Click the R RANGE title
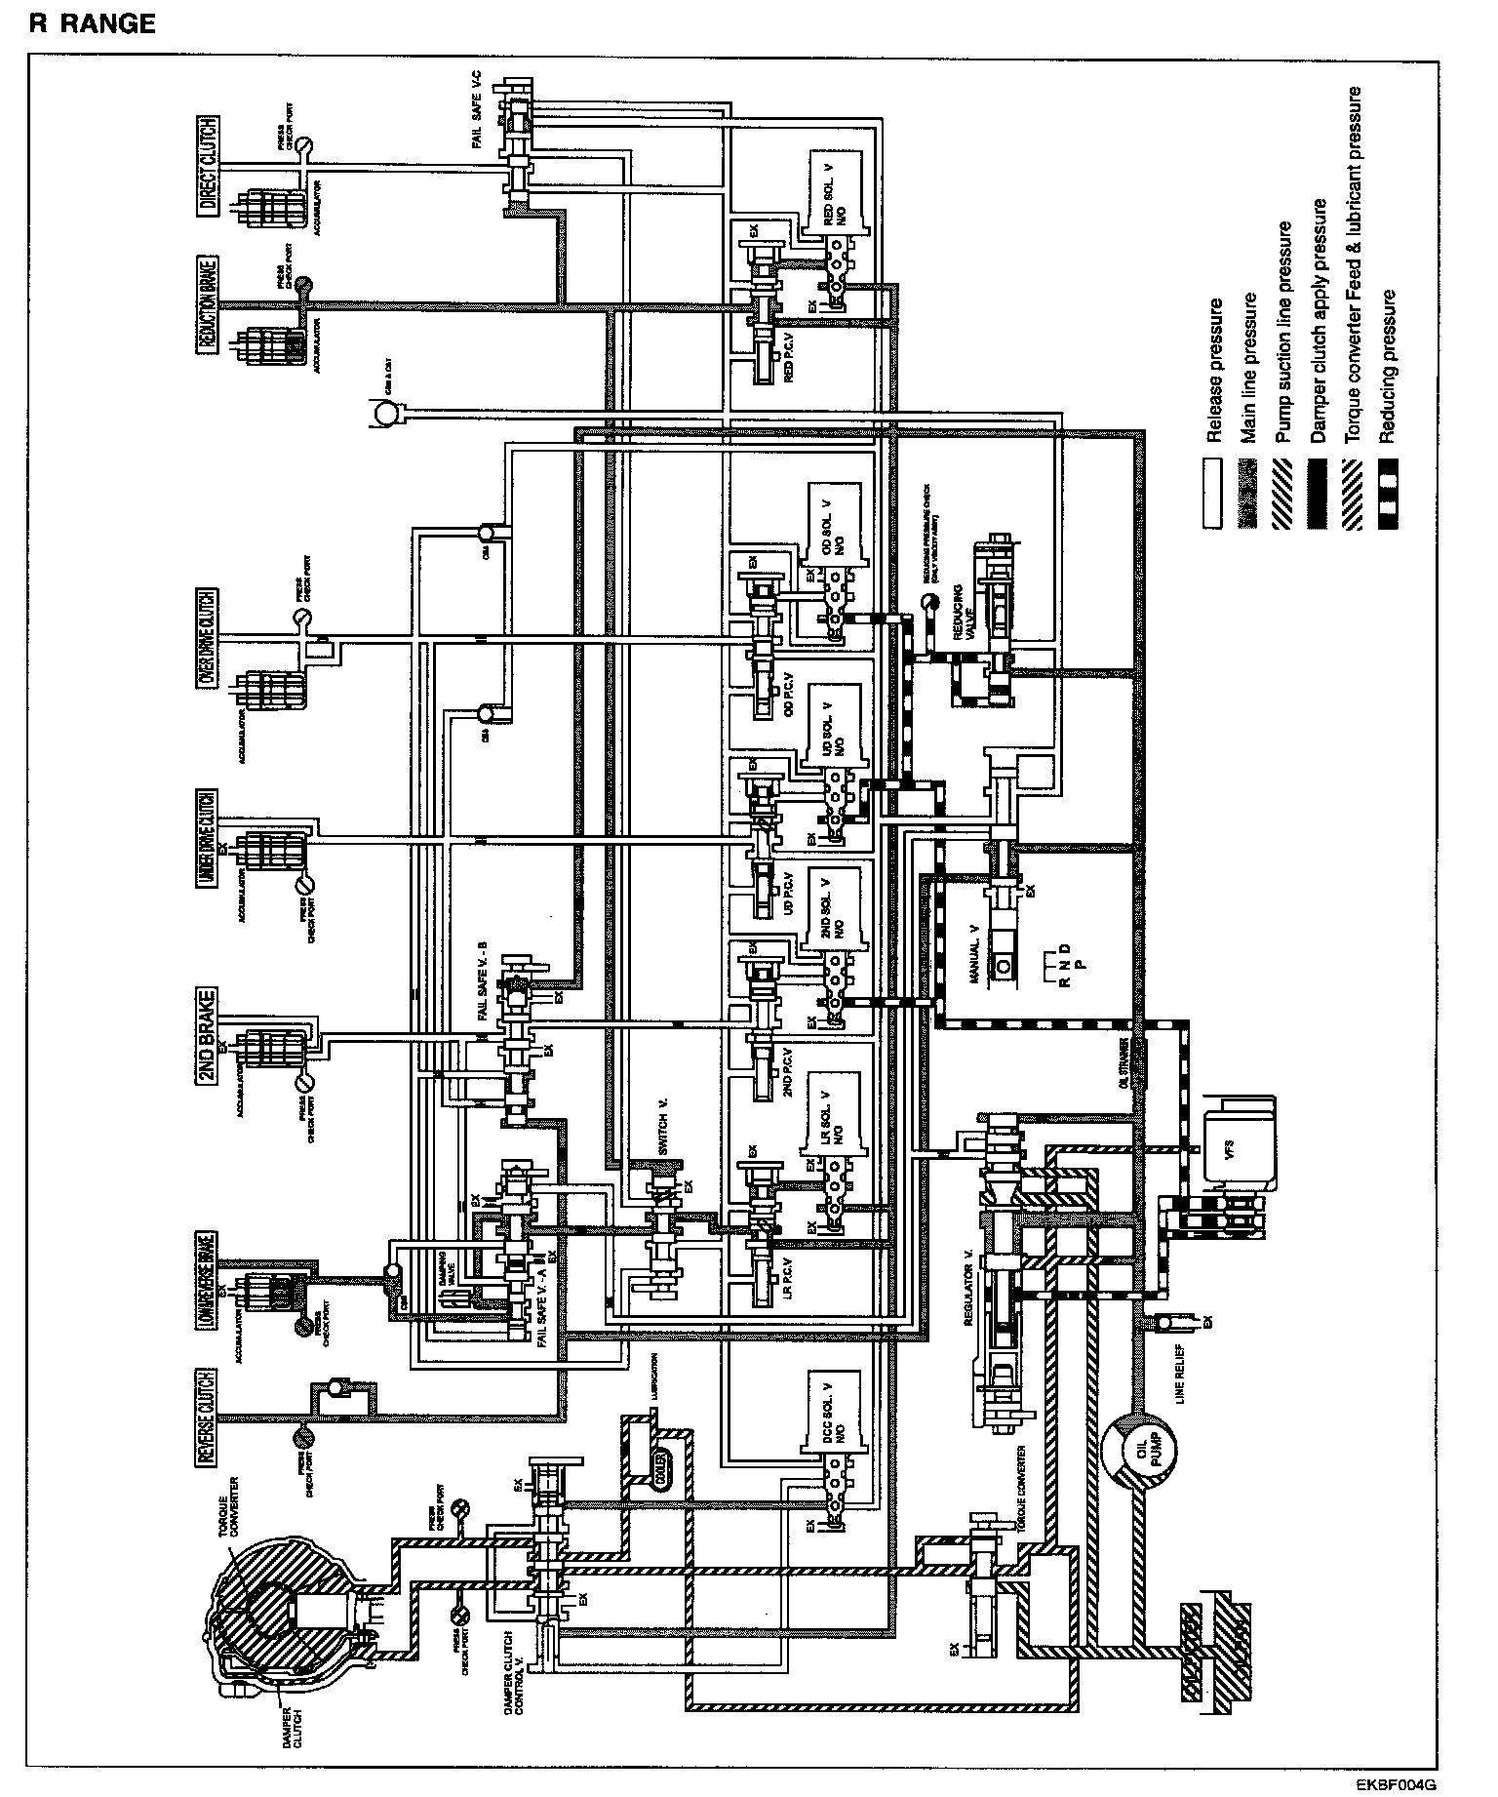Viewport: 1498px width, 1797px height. (93, 23)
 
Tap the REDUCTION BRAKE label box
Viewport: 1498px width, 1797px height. (208, 308)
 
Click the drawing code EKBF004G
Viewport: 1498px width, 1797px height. (1397, 1784)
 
